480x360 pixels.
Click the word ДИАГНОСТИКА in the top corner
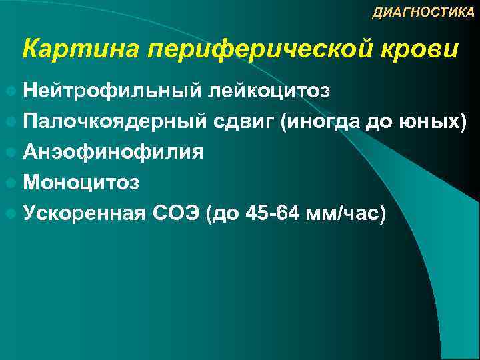tap(423, 13)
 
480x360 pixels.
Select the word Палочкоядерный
tap(117, 121)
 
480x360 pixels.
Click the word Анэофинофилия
tap(113, 152)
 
